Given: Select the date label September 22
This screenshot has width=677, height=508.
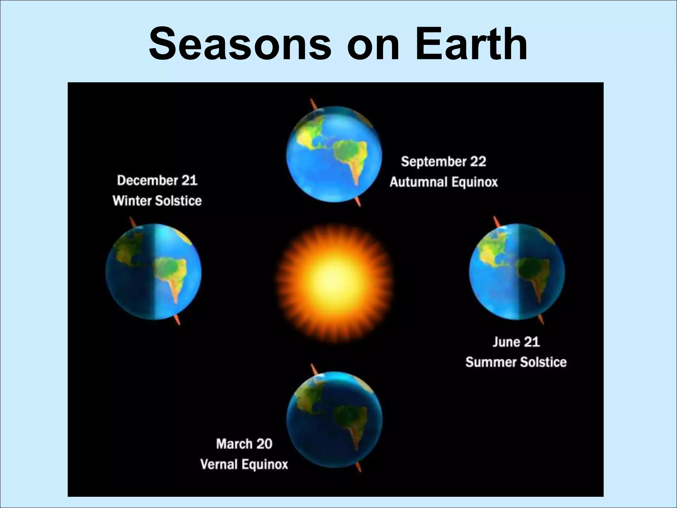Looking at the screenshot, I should tap(444, 162).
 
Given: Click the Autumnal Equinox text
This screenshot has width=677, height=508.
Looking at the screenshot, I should tap(444, 182).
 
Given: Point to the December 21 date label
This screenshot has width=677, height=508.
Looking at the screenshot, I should tap(157, 181).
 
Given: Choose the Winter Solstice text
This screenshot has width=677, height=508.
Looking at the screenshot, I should tap(157, 201).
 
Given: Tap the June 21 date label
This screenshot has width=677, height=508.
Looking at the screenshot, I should tap(516, 342).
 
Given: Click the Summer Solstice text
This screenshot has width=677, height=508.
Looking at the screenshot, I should tap(516, 362).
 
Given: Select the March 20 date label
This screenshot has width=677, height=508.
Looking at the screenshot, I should tap(244, 444).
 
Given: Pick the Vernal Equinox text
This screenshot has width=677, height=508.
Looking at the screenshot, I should tap(244, 464).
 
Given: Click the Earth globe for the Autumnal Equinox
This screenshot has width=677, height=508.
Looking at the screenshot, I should tap(334, 154).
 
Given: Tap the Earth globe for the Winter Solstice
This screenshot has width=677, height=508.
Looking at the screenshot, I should tap(154, 272).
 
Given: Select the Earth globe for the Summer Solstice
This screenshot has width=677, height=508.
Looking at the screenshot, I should tap(517, 272).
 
